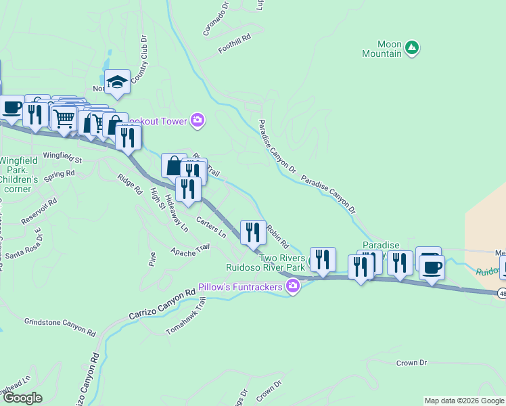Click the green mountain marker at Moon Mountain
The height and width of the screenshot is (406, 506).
pos(411,47)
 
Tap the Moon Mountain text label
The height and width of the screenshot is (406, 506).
pos(381,48)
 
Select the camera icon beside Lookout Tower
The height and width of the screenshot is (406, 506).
pos(198,120)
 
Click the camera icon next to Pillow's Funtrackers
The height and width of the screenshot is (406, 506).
pos(292,287)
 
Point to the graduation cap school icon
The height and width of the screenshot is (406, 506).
pos(117,82)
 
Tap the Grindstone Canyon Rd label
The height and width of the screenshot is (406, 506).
pos(60,326)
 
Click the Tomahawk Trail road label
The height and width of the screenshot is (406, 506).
pos(186,317)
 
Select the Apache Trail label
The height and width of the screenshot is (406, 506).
pos(190,251)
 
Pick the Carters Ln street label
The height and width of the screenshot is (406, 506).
pos(211,227)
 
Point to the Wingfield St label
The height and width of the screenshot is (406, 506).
pos(62,158)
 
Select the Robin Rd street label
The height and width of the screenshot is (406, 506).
pos(278,236)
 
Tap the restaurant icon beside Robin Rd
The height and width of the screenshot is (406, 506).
pos(253,232)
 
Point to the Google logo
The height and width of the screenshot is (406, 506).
pos(22,398)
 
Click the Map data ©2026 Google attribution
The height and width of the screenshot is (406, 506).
pos(464,401)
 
